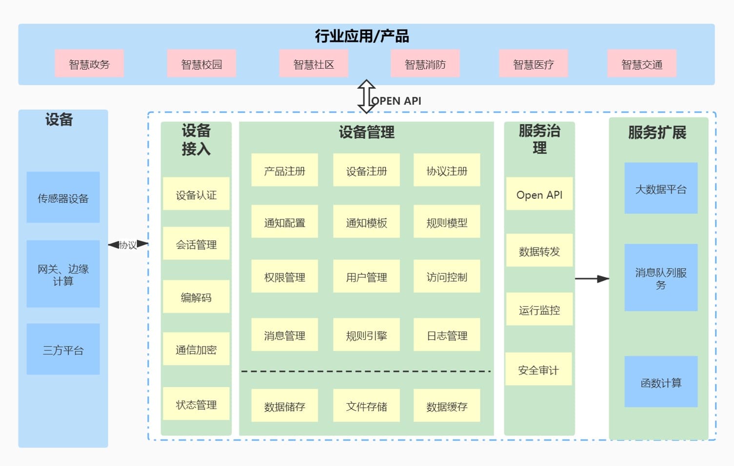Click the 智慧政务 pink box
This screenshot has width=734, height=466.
point(89,63)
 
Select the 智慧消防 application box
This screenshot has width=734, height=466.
point(425,63)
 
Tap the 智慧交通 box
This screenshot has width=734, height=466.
point(641,63)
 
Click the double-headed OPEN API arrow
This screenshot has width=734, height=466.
point(366,97)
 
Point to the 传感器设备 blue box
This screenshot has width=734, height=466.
point(63,197)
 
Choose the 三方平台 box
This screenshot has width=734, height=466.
point(63,349)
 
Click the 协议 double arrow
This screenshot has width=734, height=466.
point(128,244)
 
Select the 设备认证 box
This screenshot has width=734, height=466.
point(196,194)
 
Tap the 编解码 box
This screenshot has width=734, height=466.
point(196,296)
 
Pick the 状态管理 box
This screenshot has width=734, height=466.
point(196,404)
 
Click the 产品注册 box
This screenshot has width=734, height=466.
point(284,170)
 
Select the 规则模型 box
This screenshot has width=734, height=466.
point(447,222)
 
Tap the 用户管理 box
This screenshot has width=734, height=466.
point(366,276)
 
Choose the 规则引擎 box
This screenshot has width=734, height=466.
point(366,335)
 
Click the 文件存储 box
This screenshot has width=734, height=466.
point(366,406)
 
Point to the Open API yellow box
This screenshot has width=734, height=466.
point(539,194)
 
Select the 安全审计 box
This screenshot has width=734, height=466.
point(538,369)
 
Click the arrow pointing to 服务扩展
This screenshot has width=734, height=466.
point(592,279)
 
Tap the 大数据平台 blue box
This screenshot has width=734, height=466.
point(661,188)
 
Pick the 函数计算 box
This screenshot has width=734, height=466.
point(661,382)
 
